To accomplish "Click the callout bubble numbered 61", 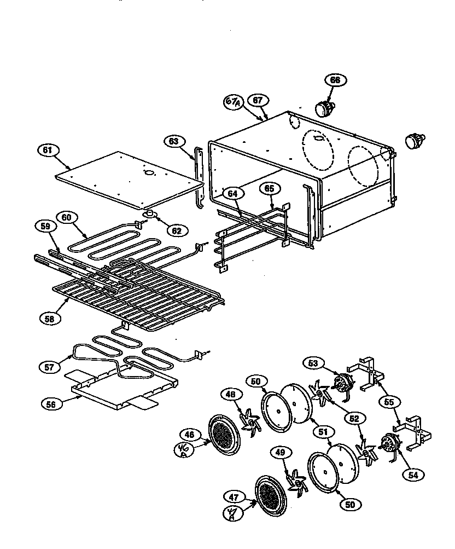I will point(48,149).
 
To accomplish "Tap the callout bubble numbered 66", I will point(335,80).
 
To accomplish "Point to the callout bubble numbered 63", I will point(174,142).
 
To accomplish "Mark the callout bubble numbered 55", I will point(389,401).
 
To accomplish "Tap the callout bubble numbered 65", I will point(269,189).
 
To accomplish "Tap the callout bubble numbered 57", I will point(49,367).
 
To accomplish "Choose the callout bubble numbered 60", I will point(66,217).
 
